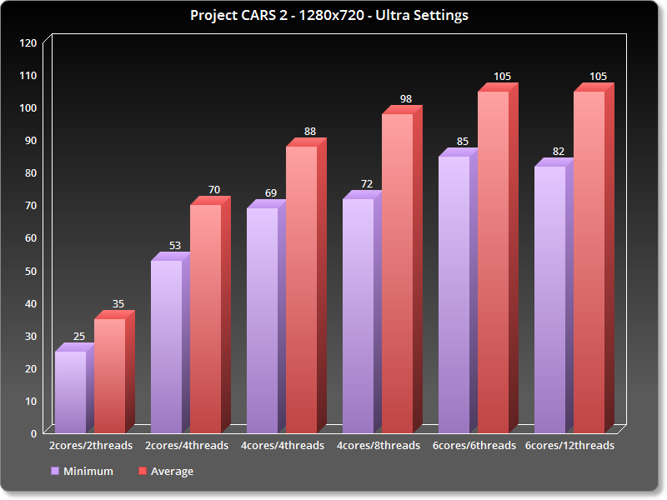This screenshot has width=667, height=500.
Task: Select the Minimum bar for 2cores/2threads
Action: (70, 392)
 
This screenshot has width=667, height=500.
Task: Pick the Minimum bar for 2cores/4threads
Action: (166, 346)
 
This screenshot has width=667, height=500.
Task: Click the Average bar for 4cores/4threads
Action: (301, 289)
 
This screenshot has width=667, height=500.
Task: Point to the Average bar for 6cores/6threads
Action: (493, 262)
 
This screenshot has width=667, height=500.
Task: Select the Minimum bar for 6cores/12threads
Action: (549, 299)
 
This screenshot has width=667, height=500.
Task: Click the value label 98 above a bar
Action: (406, 99)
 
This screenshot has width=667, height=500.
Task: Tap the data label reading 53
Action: (175, 246)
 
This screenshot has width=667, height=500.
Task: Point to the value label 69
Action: (271, 193)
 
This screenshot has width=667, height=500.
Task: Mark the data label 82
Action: (559, 152)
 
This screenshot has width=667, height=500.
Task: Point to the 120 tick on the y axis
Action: (28, 42)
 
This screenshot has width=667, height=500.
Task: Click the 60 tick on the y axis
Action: (31, 237)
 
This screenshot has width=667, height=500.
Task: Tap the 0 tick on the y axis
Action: (34, 432)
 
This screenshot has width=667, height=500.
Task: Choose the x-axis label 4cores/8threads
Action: (379, 446)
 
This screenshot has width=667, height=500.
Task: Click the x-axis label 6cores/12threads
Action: (570, 446)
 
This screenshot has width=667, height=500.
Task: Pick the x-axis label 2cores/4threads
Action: (187, 446)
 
